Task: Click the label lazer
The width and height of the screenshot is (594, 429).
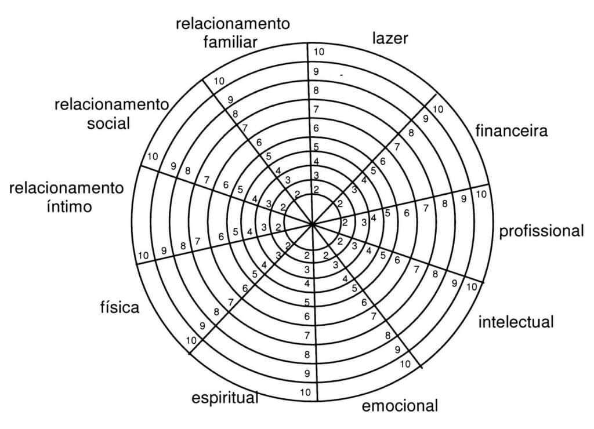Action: (390, 39)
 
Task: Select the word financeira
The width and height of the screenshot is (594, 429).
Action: (511, 130)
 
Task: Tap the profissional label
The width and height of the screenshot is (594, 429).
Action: (541, 231)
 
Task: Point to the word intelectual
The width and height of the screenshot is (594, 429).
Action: (516, 321)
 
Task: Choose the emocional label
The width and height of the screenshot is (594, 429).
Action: (400, 405)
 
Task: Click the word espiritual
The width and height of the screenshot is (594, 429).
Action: (224, 399)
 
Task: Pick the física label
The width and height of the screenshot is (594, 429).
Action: (119, 307)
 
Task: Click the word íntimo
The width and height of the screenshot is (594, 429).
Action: (68, 206)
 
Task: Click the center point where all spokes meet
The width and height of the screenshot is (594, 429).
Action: (312, 223)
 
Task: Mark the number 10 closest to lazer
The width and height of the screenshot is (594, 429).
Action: (318, 52)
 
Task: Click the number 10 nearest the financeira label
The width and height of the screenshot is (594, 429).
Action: (438, 109)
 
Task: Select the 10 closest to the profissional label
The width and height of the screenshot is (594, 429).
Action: (481, 195)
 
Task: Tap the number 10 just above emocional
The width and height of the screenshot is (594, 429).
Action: (405, 364)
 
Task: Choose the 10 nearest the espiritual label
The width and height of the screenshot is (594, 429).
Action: (306, 392)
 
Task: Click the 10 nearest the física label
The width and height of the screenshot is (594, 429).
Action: (192, 340)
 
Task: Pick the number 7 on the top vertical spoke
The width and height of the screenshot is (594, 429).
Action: (316, 110)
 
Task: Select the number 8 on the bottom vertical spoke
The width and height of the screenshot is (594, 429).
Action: (307, 354)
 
